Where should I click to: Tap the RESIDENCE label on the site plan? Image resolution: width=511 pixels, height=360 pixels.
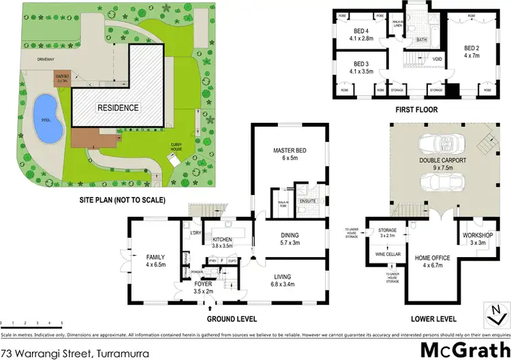click(118, 107)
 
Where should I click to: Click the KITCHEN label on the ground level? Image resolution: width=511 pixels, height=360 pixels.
click(223, 240)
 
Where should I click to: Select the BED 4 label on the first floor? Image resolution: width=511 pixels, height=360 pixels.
click(360, 31)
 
